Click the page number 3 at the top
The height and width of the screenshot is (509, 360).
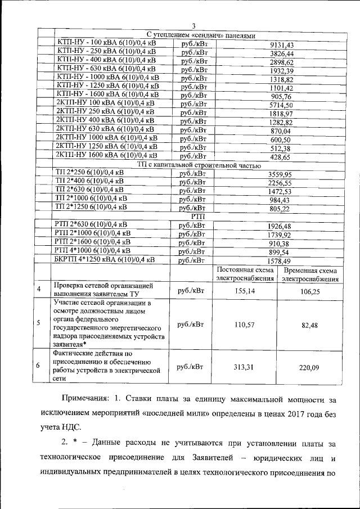[x=193, y=25]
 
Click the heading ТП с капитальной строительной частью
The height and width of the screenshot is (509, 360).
[x=199, y=165]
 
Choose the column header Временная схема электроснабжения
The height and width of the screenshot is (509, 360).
[x=310, y=274]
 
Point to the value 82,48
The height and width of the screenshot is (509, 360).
[x=310, y=325]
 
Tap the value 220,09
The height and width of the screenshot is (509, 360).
[x=310, y=367]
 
